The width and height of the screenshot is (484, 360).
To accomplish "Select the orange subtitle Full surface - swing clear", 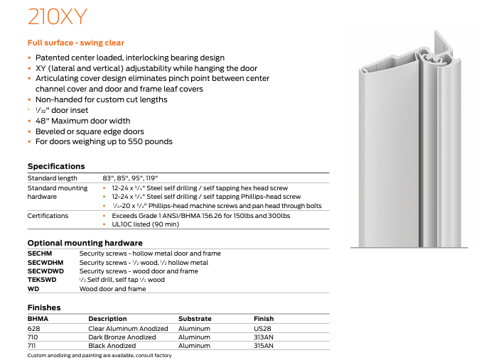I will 75,43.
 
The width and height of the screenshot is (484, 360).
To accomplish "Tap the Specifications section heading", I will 56,166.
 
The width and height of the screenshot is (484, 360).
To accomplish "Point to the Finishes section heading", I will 44,307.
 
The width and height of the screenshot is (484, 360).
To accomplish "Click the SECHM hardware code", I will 40,253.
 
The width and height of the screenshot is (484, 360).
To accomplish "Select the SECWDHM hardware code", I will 44,262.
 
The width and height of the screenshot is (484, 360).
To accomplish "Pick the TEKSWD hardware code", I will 41,280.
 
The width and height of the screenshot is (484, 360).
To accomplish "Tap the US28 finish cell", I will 264,329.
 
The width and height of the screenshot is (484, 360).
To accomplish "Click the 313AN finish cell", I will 264,337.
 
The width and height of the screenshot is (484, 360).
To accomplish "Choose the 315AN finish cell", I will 264,346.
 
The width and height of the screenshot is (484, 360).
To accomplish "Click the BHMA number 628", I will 33,329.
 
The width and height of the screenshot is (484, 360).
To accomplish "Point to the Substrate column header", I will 195,319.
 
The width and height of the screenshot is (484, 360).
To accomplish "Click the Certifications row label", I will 48,215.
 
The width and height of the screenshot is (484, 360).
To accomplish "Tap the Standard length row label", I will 52,178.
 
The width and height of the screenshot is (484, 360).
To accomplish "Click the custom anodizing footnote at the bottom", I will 100,355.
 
